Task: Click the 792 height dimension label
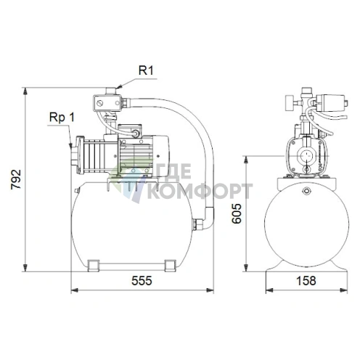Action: [x=16, y=179]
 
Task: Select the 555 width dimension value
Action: [x=142, y=281]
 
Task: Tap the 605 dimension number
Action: [x=237, y=213]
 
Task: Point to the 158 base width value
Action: [x=306, y=281]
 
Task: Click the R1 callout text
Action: [x=146, y=70]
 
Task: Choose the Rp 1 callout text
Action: [x=62, y=117]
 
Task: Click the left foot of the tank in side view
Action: [x=94, y=266]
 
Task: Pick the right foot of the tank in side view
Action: [x=170, y=266]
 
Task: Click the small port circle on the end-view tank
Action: [x=306, y=191]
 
